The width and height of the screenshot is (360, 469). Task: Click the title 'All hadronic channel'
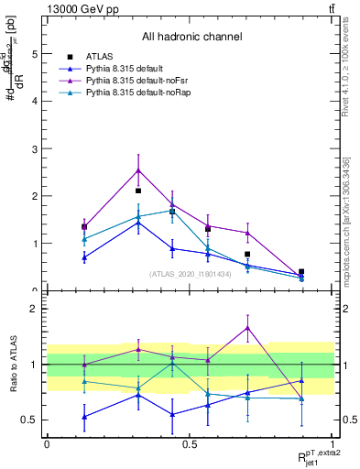click(191, 38)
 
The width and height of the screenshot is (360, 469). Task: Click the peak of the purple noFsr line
click(138, 169)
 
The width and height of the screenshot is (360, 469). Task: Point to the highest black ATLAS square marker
click(138, 191)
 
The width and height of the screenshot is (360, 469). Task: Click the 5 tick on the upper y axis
click(34, 54)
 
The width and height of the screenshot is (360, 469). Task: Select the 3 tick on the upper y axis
click(34, 148)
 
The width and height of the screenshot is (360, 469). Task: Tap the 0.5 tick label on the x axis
click(190, 443)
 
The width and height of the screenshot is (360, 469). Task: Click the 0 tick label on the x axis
click(47, 443)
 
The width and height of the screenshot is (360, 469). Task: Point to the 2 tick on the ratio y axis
click(34, 309)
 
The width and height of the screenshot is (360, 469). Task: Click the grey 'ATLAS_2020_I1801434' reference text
click(191, 273)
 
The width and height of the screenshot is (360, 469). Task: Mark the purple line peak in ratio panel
click(247, 327)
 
